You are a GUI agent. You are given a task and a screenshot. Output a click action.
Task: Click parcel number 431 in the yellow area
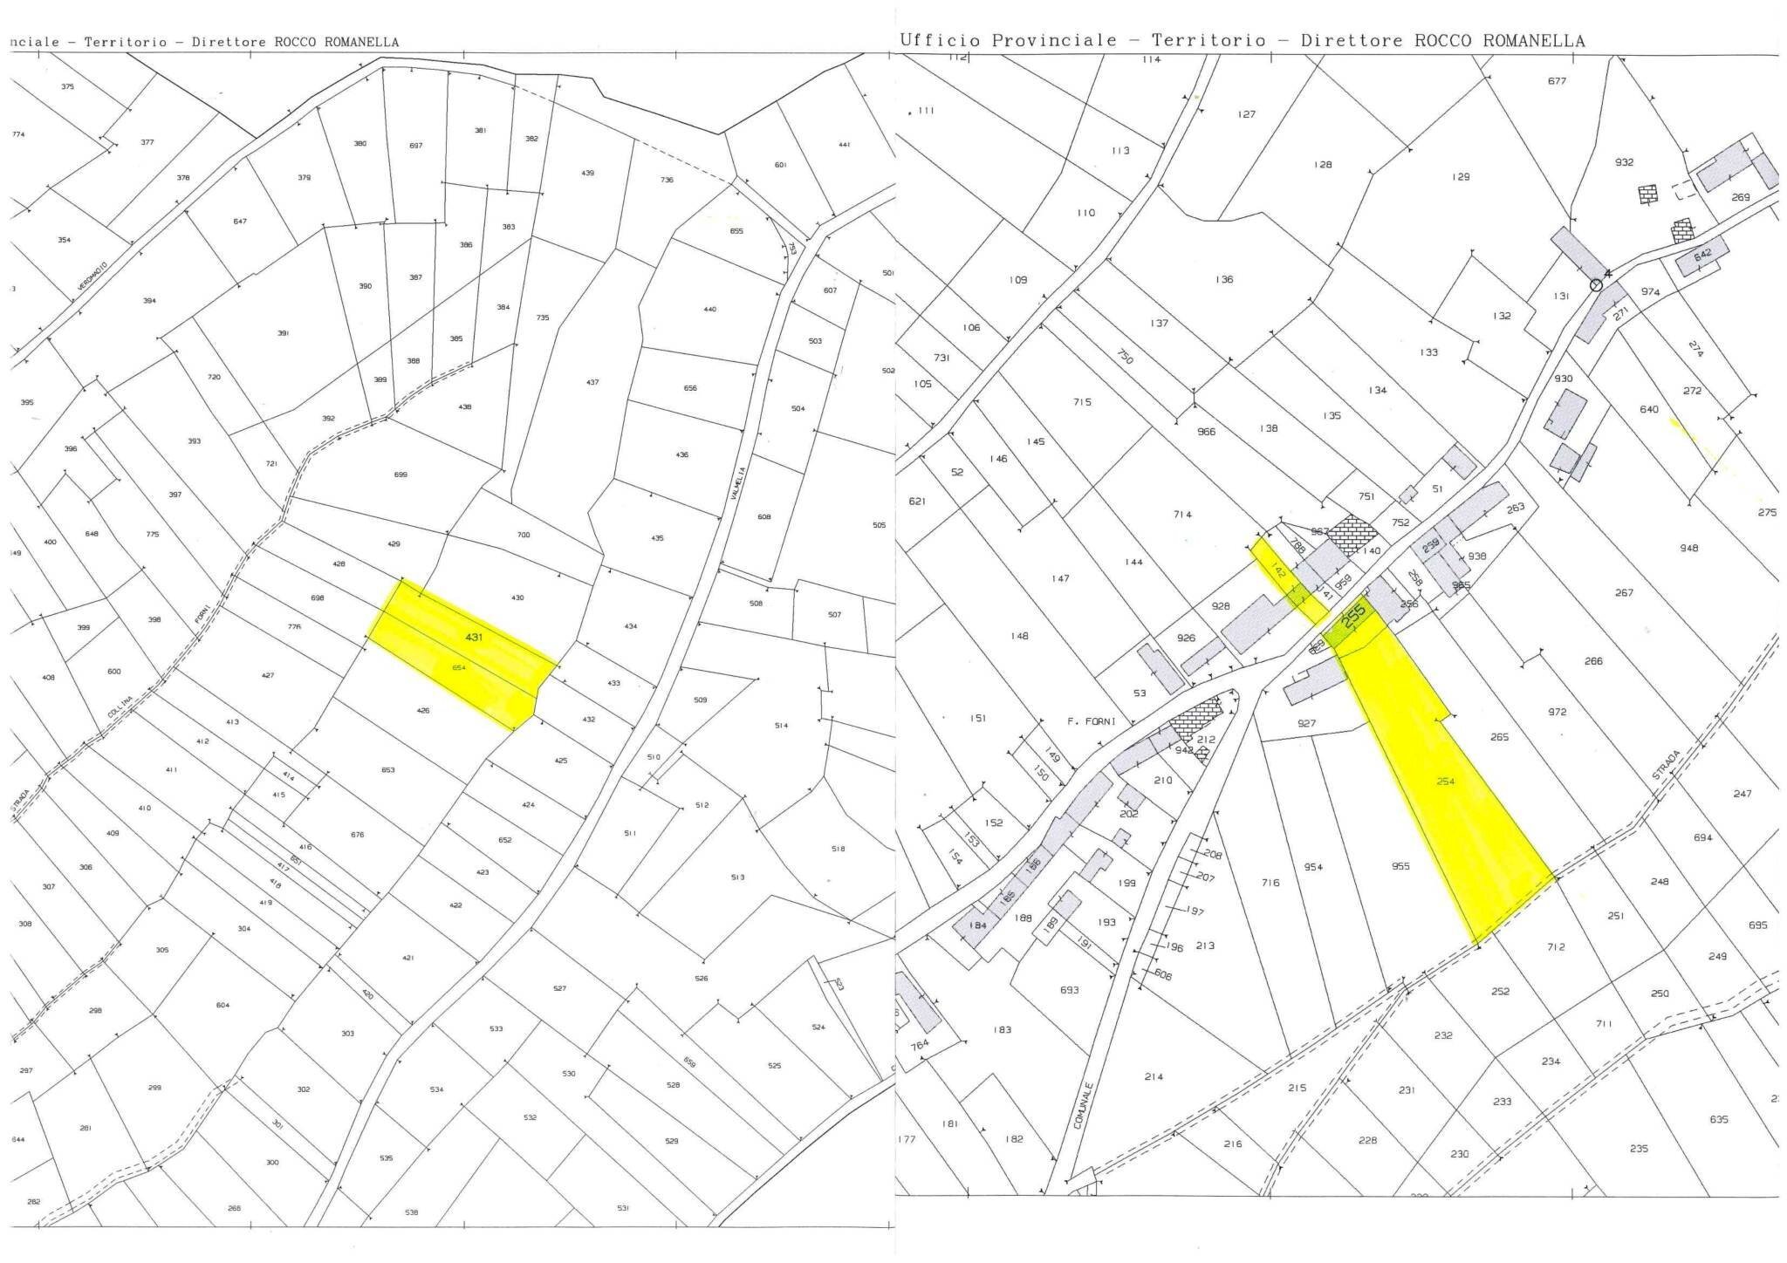point(474,638)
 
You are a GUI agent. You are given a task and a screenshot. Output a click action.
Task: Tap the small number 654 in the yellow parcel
point(459,667)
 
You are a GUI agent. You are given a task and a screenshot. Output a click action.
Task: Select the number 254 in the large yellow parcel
point(1446,782)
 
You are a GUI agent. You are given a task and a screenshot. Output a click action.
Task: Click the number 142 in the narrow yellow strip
point(1279,572)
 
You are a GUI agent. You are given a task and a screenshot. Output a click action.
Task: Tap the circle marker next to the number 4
point(1597,284)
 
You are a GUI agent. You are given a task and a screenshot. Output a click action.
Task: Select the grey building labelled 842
point(1701,255)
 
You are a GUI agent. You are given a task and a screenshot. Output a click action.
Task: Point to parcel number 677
point(1557,81)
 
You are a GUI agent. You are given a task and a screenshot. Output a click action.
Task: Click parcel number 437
point(592,383)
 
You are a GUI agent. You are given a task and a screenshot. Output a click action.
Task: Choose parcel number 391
point(283,333)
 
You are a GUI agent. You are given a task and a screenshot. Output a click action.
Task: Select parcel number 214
point(1154,1077)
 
